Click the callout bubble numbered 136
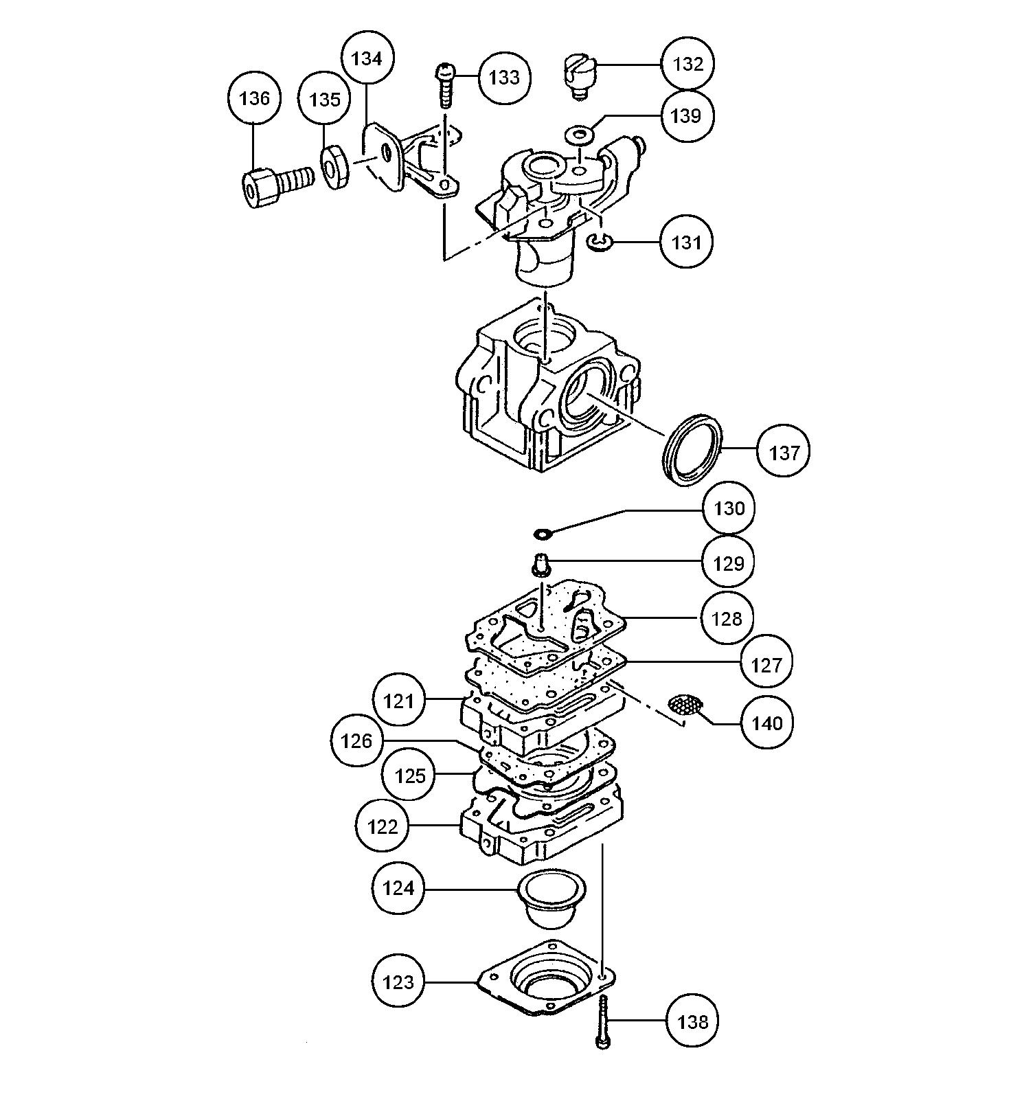[x=254, y=98]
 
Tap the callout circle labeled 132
[x=687, y=64]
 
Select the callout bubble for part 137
[x=784, y=453]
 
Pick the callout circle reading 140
[x=767, y=723]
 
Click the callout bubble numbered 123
[x=398, y=982]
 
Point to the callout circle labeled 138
[x=692, y=1021]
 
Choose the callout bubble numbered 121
[x=399, y=701]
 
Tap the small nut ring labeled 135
[x=335, y=170]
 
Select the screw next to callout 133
[x=445, y=86]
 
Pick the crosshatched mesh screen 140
[x=686, y=705]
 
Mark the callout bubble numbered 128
[x=727, y=618]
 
